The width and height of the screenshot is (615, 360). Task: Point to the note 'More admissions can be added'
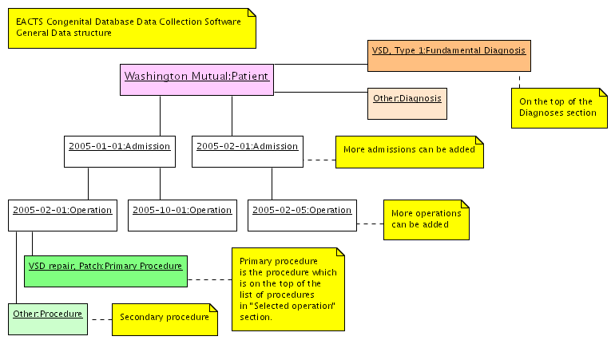409,150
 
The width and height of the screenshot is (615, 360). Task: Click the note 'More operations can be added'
427,220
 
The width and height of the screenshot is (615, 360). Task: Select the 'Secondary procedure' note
164,318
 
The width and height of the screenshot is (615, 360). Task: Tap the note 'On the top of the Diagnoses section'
556,108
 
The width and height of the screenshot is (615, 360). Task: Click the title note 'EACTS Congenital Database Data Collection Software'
132,27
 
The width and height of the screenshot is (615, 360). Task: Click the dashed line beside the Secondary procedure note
100,319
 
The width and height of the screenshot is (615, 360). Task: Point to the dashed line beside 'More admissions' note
319,160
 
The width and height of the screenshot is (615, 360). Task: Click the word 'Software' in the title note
223,22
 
